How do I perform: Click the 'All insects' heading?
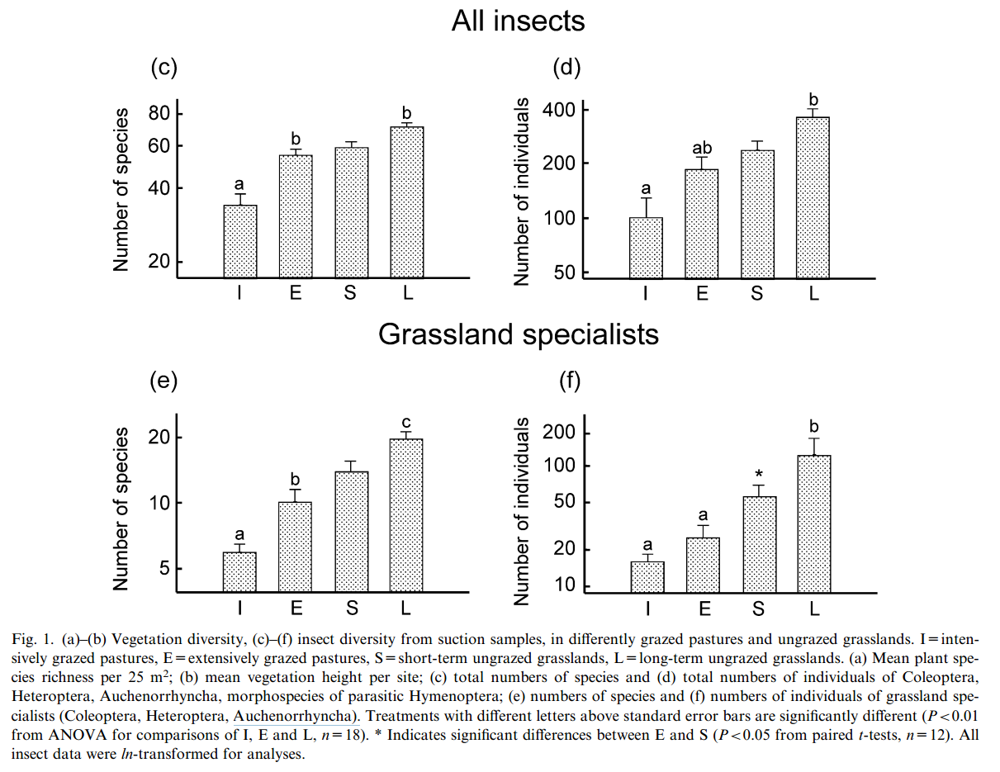(x=518, y=21)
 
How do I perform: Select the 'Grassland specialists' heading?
(x=518, y=334)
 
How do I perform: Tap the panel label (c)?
(x=164, y=69)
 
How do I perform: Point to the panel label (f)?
(x=570, y=381)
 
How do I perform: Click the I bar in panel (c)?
(x=240, y=241)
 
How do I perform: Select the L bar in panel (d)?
(x=813, y=198)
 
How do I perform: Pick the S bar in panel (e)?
(x=352, y=531)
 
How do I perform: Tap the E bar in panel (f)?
(x=703, y=564)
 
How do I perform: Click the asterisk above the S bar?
(x=758, y=475)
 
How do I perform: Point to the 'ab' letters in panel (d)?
(x=701, y=149)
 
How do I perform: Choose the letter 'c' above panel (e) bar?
(x=405, y=423)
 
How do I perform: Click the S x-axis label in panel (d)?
(x=757, y=294)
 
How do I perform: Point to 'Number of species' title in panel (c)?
(x=122, y=189)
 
